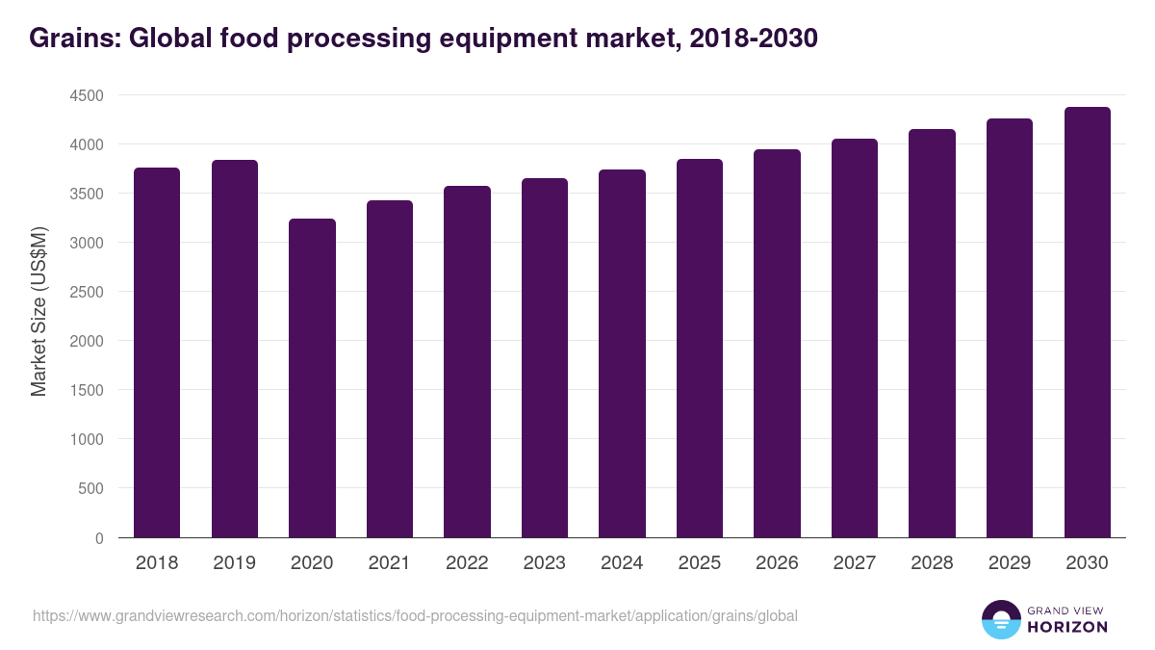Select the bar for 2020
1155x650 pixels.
coord(312,377)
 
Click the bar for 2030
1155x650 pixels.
coord(1087,322)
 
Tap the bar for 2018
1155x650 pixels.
coord(157,352)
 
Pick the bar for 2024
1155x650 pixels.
coord(622,353)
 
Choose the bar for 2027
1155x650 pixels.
coord(855,338)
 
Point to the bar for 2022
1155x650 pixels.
coord(467,361)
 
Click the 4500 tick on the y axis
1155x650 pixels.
coord(86,95)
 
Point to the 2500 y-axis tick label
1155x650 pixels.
coord(86,292)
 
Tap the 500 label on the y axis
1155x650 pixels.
coord(90,488)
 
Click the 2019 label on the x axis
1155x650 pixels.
coord(234,563)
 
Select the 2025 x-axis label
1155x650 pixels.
coord(699,563)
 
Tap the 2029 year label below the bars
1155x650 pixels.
coord(1010,563)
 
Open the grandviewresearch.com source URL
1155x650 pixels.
coord(415,615)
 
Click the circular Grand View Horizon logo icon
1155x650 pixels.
coord(1001,619)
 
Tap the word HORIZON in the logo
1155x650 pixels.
coord(1066,627)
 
